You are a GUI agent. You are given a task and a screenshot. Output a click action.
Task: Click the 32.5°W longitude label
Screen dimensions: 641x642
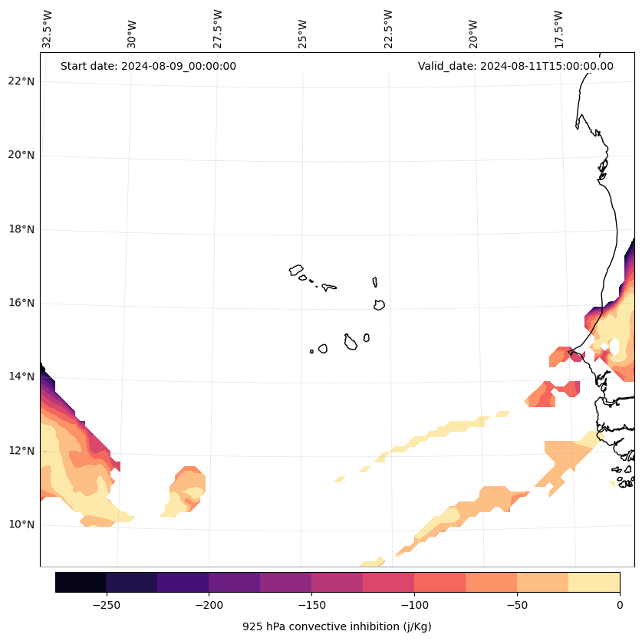pyautogui.click(x=48, y=29)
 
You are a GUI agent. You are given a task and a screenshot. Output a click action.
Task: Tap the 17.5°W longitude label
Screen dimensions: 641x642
pyautogui.click(x=559, y=29)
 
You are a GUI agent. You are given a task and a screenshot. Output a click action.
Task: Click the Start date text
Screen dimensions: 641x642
pyautogui.click(x=148, y=66)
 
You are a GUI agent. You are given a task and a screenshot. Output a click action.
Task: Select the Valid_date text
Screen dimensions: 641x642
pyautogui.click(x=515, y=66)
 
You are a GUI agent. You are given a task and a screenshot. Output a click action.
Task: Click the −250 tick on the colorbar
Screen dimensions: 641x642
pyautogui.click(x=106, y=605)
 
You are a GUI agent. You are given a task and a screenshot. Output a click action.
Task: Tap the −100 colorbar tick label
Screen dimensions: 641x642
pyautogui.click(x=414, y=605)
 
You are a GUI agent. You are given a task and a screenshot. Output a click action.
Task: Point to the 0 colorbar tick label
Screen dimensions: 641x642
pyautogui.click(x=619, y=605)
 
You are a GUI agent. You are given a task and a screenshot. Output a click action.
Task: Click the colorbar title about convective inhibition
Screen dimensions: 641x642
pyautogui.click(x=337, y=626)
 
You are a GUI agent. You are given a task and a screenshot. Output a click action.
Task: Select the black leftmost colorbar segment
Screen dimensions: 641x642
pyautogui.click(x=81, y=582)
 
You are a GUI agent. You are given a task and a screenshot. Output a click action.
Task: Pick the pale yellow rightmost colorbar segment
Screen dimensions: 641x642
pyautogui.click(x=594, y=582)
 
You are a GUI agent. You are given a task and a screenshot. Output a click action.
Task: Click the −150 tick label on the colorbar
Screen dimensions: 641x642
pyautogui.click(x=311, y=605)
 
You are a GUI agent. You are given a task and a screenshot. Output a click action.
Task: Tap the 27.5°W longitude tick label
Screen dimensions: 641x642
pyautogui.click(x=218, y=29)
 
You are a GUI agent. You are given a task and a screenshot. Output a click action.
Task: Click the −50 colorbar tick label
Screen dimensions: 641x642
pyautogui.click(x=517, y=605)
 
